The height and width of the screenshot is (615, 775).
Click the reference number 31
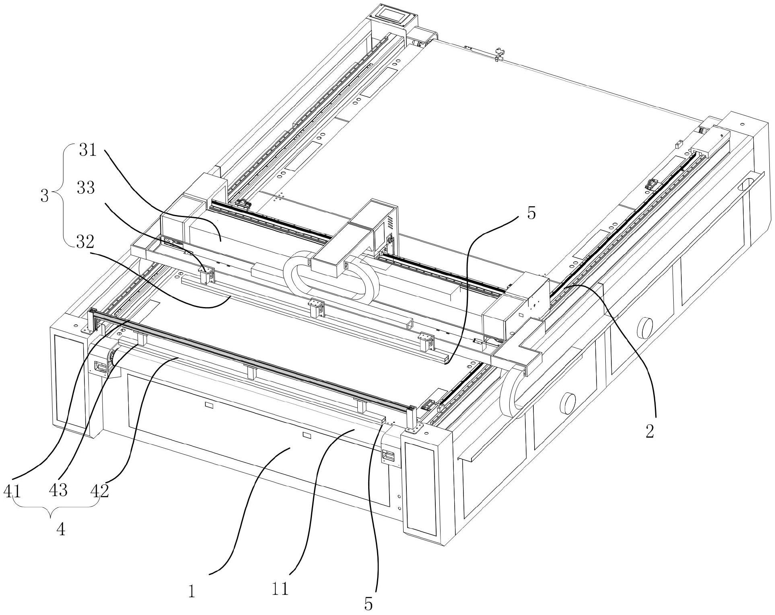pos(88,151)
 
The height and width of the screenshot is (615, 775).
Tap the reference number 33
pos(86,188)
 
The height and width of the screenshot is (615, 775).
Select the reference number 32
pos(84,242)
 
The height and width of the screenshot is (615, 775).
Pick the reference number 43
pos(58,490)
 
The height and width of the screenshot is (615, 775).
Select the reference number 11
pos(280,589)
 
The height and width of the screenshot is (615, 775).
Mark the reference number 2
pos(650,431)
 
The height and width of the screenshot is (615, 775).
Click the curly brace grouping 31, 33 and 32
pos(59,197)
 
